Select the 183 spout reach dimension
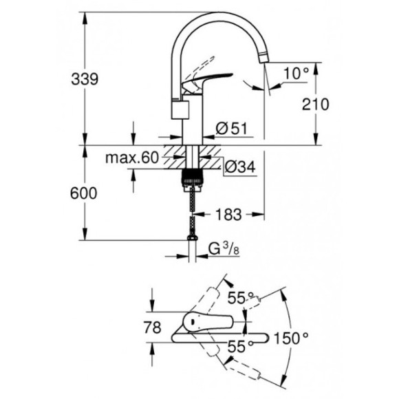[x=226, y=215]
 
